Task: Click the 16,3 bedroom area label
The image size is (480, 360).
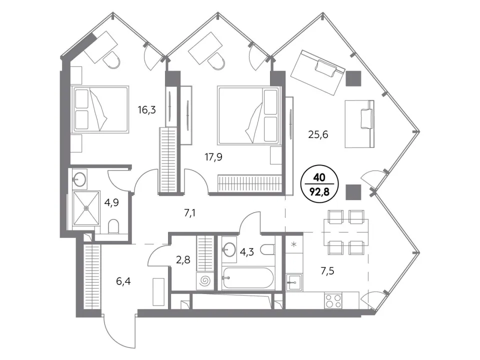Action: coord(146,109)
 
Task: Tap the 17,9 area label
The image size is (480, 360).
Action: coord(213,157)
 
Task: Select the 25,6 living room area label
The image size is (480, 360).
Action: coord(318,134)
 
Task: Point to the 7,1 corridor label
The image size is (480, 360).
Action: coord(190,213)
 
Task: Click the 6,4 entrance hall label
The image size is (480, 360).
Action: coord(123,280)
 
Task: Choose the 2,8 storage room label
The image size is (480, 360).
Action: coord(183,260)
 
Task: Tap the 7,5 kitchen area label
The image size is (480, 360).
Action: coord(327,271)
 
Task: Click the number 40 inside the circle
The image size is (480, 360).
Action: coord(320,177)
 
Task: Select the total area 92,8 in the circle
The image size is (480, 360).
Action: coord(320,192)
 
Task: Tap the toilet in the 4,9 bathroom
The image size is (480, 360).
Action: coord(113,226)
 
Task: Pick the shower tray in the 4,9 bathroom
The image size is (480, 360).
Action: coord(86,208)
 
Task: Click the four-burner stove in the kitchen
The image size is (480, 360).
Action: coord(333,300)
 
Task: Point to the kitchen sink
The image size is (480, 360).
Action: coord(294,282)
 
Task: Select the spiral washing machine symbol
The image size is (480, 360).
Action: coord(204,281)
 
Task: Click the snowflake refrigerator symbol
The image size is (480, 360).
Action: coord(293,244)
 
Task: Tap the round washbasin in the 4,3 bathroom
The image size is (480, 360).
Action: coord(228,248)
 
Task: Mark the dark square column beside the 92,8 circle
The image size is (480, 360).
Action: coord(353,192)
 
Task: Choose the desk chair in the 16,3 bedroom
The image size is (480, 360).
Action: coord(111,59)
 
